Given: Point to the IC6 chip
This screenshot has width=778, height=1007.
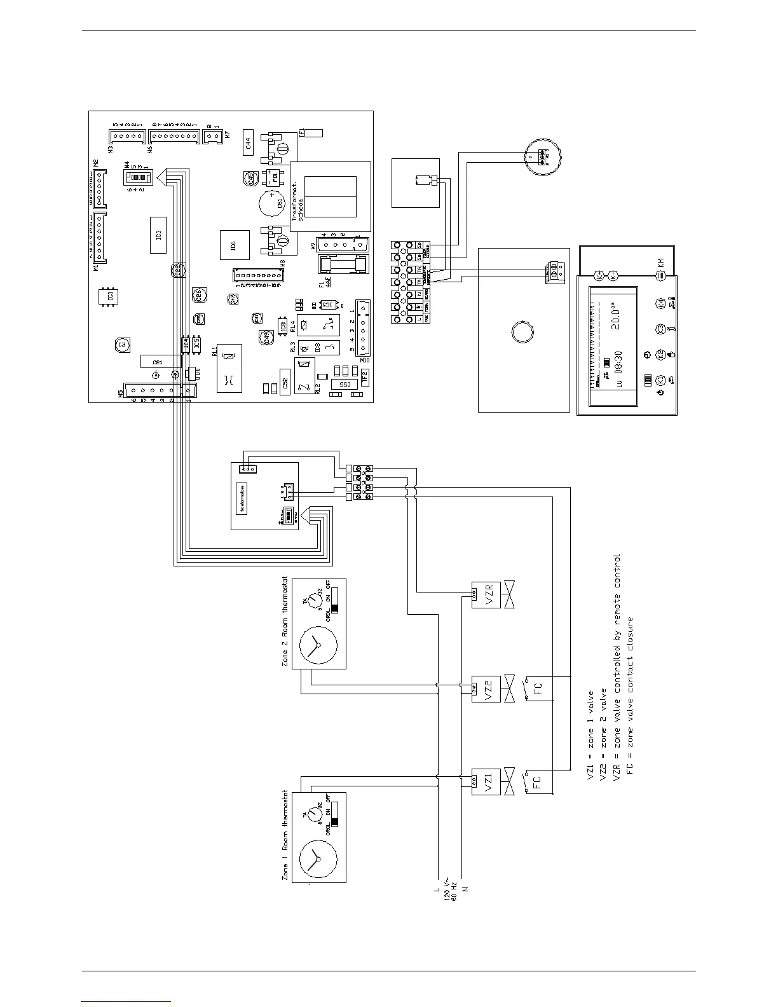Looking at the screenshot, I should click(232, 245).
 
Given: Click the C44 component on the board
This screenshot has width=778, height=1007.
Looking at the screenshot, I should click(249, 143).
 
